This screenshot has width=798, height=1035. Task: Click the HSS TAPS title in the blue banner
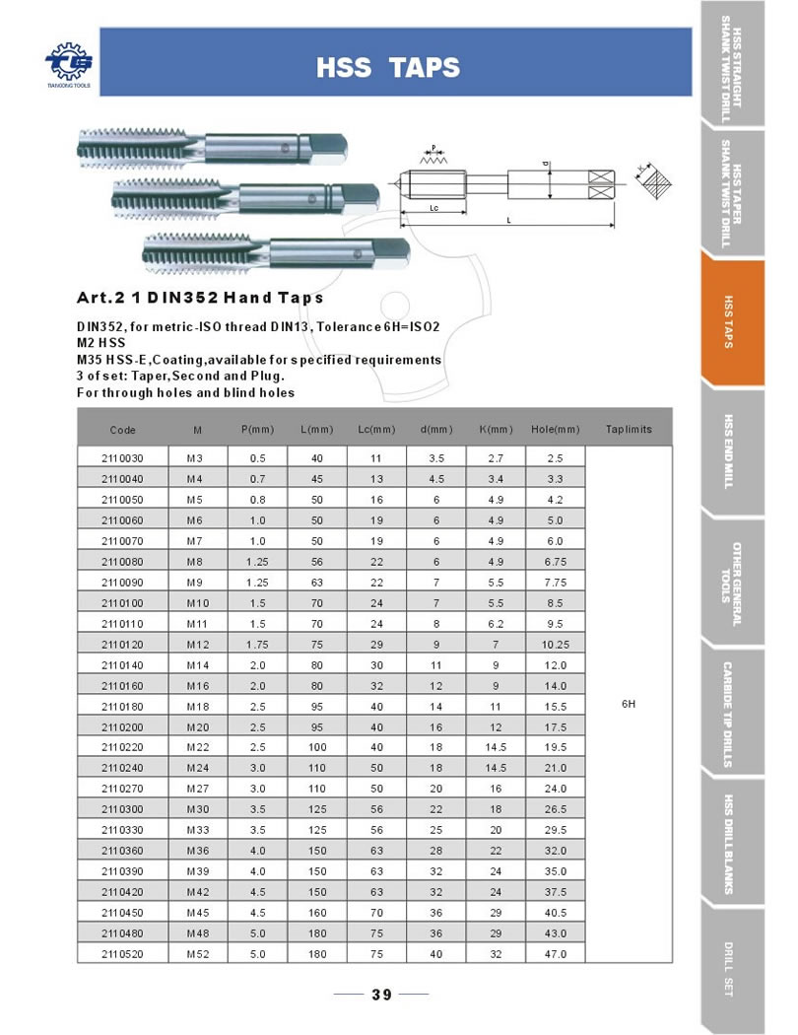pyautogui.click(x=387, y=68)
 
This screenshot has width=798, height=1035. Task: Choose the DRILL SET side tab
pyautogui.click(x=730, y=971)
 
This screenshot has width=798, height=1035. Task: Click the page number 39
pyautogui.click(x=382, y=995)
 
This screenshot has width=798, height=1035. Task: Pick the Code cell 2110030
pyautogui.click(x=123, y=458)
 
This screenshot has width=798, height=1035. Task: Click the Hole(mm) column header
pyautogui.click(x=555, y=430)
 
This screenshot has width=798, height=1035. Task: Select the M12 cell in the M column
pyautogui.click(x=198, y=645)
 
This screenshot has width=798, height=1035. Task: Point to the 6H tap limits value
pyautogui.click(x=629, y=705)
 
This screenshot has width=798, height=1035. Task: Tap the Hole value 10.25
pyautogui.click(x=555, y=645)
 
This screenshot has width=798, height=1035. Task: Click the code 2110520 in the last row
pyautogui.click(x=123, y=953)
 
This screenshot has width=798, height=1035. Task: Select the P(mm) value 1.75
pyautogui.click(x=257, y=645)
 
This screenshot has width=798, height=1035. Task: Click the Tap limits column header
pyautogui.click(x=629, y=430)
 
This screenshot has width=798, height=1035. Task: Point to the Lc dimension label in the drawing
pyautogui.click(x=434, y=209)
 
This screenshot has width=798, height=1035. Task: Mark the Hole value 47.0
pyautogui.click(x=555, y=953)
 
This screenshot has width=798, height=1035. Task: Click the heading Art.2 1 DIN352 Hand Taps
pyautogui.click(x=200, y=298)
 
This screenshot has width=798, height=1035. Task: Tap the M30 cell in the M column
pyautogui.click(x=198, y=809)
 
